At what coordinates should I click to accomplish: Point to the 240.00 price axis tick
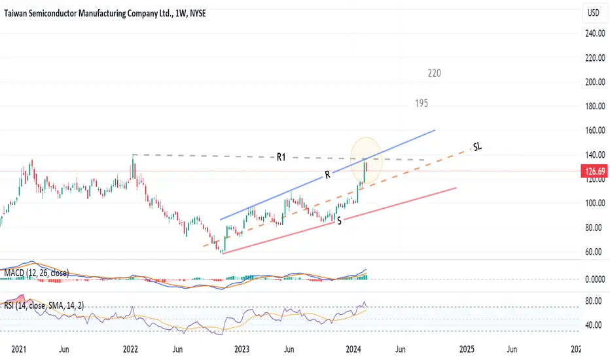click(593, 33)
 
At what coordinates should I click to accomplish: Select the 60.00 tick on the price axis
click(593, 252)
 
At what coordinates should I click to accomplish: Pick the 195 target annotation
click(421, 103)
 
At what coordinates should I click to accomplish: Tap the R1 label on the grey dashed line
click(281, 156)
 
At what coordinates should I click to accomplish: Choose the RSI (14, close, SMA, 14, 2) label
click(46, 306)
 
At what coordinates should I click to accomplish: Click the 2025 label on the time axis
click(467, 350)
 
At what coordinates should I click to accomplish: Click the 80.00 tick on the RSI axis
click(593, 302)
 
